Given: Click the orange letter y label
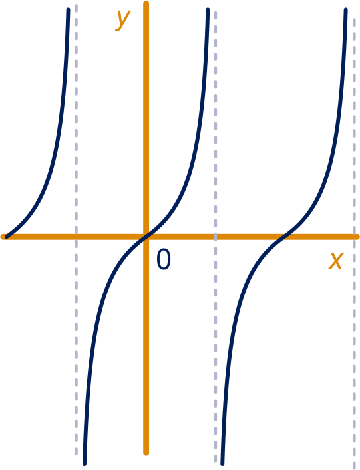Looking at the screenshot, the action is [123, 20].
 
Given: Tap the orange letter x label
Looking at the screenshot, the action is [335, 261].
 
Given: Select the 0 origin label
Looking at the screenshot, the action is [164, 259].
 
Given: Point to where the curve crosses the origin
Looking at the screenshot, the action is [146, 237].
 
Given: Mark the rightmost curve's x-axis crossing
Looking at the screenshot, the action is [284, 237].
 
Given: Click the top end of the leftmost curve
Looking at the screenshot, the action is [68, 9].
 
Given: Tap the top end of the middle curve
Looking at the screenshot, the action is [208, 9].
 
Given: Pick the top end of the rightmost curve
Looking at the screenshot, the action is [345, 9].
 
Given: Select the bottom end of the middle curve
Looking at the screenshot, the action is [85, 464].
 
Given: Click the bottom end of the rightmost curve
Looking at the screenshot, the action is [222, 464].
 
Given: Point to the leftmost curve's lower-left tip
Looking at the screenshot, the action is [7, 237].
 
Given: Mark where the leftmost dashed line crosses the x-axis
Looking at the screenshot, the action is [77, 237].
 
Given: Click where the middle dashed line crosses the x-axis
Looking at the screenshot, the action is [216, 237].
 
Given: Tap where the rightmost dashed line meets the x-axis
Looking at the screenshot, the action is [355, 237].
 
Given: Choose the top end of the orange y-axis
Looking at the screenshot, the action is [146, 3].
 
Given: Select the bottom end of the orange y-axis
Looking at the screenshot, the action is [146, 453].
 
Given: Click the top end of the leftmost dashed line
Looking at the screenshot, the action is [77, 5].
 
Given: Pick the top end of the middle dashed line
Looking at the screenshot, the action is [216, 12].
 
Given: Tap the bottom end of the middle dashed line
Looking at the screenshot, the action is [216, 460].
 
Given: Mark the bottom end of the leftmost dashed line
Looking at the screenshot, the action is [77, 453].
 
